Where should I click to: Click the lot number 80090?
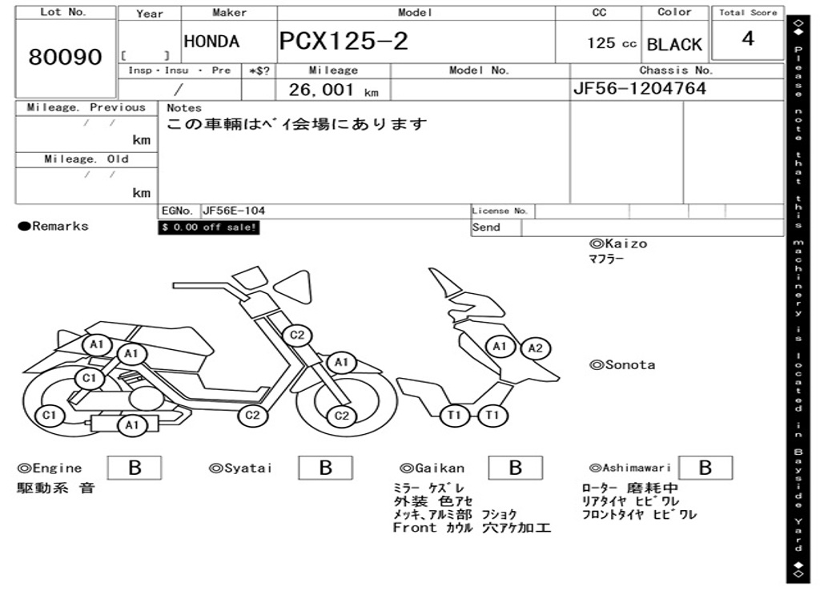[66, 57]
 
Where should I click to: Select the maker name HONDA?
[211, 42]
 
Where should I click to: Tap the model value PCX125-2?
[344, 42]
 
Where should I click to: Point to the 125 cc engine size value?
[611, 43]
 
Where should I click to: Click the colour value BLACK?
[674, 45]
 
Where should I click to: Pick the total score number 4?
[748, 38]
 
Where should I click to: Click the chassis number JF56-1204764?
[640, 88]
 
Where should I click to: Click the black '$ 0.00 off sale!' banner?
[209, 227]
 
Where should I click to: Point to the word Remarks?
[60, 226]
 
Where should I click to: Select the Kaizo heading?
[618, 243]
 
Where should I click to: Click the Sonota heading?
[622, 365]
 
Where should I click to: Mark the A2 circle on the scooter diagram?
[536, 348]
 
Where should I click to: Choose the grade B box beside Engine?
[135, 468]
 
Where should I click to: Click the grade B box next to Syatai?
[325, 468]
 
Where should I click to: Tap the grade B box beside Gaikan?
[516, 468]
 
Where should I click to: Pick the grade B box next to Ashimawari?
[705, 468]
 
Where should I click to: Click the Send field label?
[486, 227]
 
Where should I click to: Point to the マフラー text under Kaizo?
[606, 259]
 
